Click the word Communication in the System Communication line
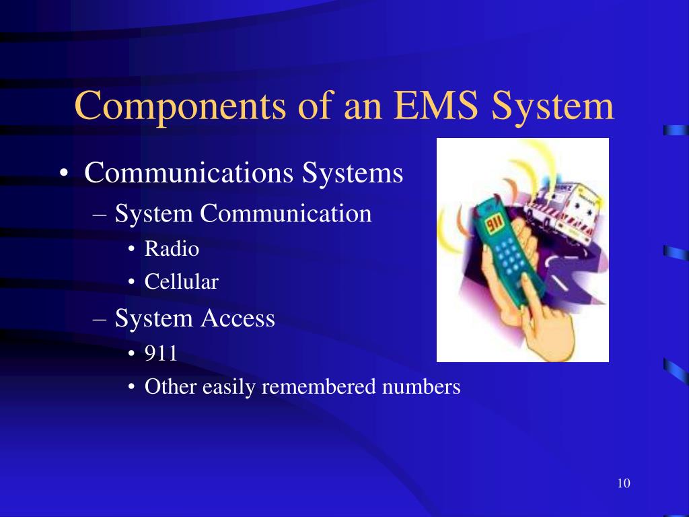tap(286, 214)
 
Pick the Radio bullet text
tap(172, 249)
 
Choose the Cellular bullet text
tap(181, 282)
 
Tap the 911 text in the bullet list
tap(161, 353)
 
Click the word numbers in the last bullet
tap(421, 387)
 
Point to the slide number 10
tap(622, 483)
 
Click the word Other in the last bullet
tap(166, 387)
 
